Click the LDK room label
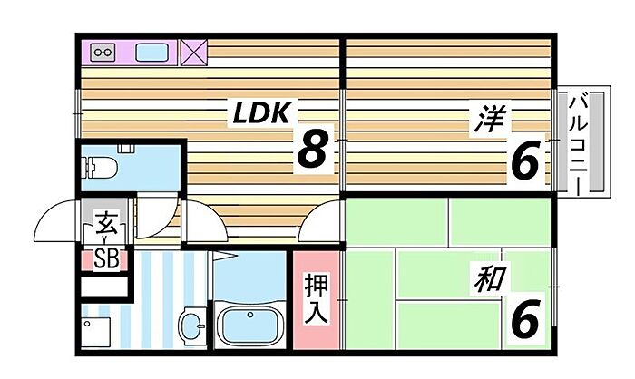[x=261, y=112]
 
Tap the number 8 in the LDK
[x=312, y=149]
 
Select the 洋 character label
[x=490, y=119]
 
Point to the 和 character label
[x=490, y=279]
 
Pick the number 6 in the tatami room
[x=525, y=321]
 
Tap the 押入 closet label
[x=316, y=299]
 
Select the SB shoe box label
[x=106, y=258]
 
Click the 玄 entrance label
[x=106, y=223]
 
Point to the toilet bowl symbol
[x=99, y=168]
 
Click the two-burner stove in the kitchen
[x=103, y=53]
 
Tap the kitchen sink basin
[x=151, y=53]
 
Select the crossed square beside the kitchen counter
[x=193, y=53]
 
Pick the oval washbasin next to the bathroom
[x=192, y=326]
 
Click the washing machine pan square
[x=95, y=332]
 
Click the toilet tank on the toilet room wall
[x=125, y=149]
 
